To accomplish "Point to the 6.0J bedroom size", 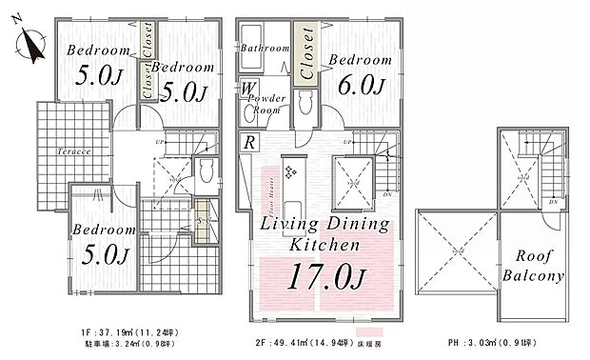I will (361, 86).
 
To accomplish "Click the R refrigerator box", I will (247, 144).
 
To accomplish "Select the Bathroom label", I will (264, 48).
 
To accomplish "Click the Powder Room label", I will (265, 104).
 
